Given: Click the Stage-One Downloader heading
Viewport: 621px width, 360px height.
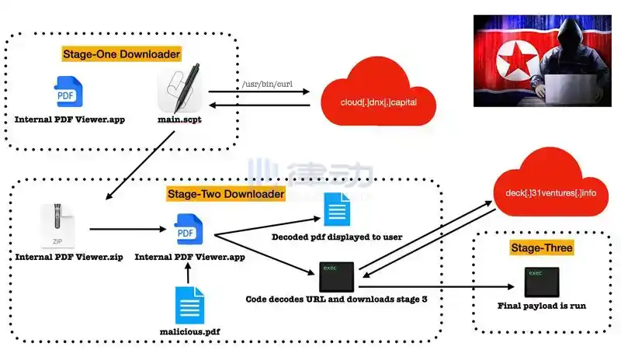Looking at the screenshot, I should point(121,54).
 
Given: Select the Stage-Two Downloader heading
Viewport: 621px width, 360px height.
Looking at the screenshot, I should point(226,193).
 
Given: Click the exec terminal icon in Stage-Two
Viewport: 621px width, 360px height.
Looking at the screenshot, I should point(337,277).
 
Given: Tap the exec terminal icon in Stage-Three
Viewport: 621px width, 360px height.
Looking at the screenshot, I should point(541,281).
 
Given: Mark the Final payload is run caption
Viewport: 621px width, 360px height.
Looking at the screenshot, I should point(541,306).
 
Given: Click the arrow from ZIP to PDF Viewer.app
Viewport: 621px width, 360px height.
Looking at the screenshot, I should point(124,230).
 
